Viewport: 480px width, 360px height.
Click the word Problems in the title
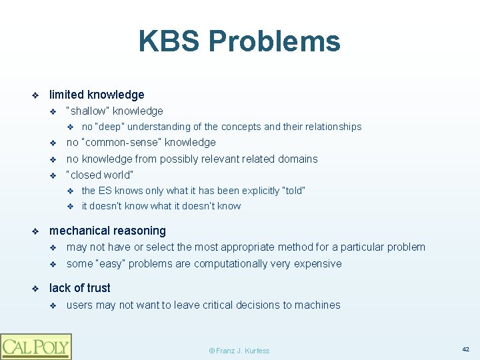pos(274,41)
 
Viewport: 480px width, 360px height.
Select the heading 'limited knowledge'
pos(97,95)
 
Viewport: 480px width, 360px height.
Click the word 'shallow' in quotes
pos(90,111)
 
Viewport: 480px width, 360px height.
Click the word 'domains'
pos(298,159)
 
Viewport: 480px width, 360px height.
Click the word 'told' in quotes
pos(293,191)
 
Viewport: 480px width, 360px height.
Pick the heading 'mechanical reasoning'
pos(107,231)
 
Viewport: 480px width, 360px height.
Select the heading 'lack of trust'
pos(80,288)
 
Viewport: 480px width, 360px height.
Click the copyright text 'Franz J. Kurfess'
pos(239,351)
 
